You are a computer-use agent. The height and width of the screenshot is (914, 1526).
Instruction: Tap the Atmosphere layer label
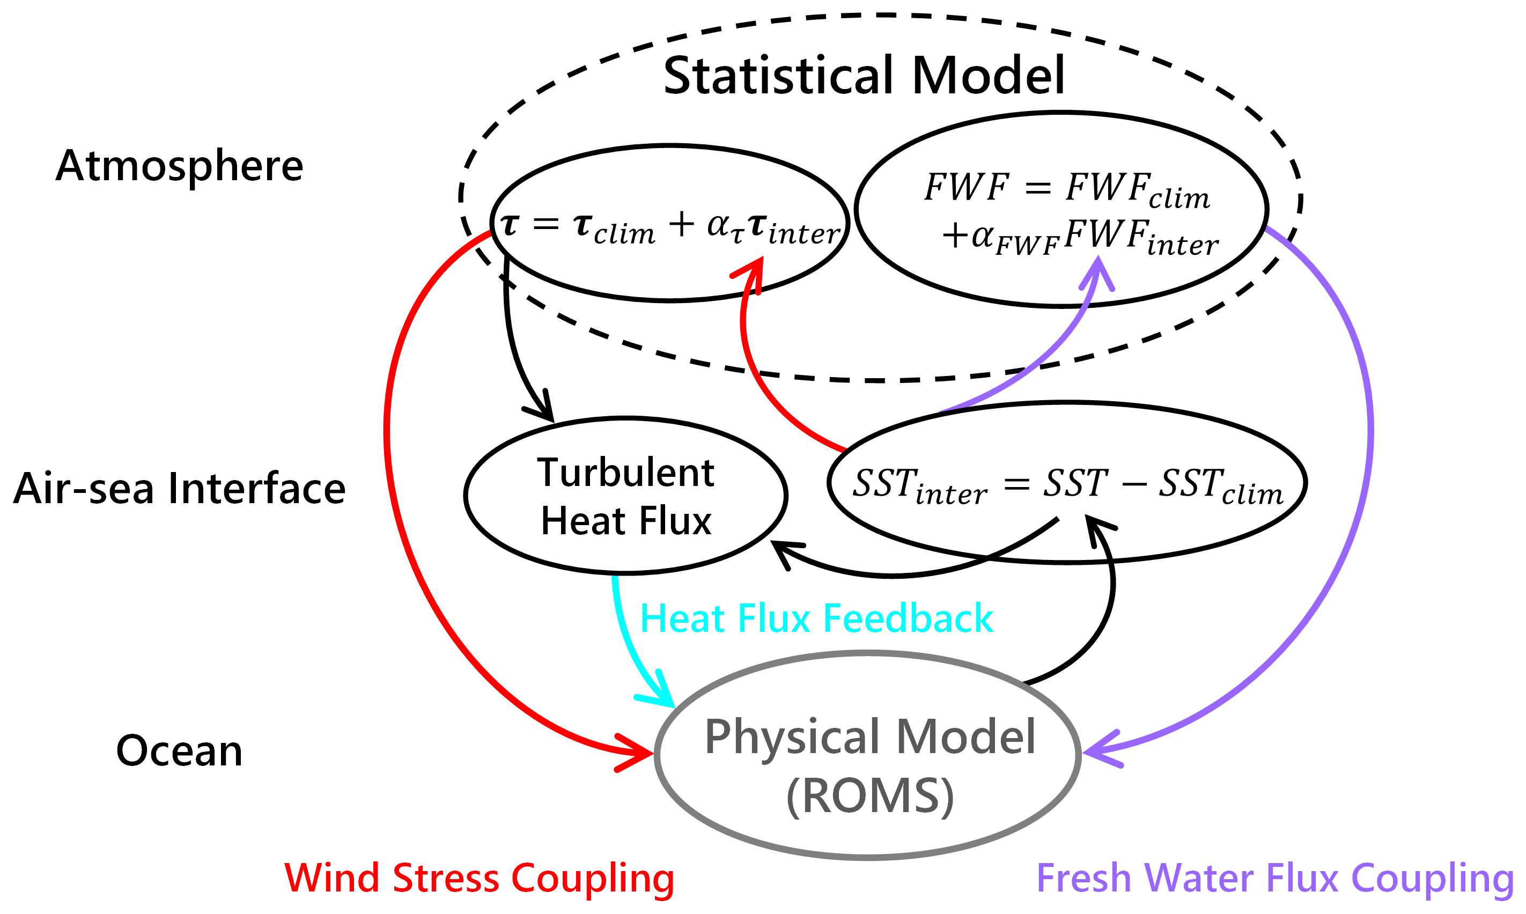[179, 166]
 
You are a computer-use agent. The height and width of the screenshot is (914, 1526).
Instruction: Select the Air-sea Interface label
[179, 489]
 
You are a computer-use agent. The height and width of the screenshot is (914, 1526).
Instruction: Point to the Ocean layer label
[179, 751]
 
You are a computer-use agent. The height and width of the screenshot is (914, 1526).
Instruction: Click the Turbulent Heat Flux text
[625, 496]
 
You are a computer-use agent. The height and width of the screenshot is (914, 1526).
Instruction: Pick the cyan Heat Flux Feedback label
[816, 618]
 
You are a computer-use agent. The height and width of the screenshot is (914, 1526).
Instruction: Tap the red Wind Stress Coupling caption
[479, 878]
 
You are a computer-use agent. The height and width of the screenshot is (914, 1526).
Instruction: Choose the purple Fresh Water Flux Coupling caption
[1275, 878]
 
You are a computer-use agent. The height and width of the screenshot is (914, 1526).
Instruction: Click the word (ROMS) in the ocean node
[870, 797]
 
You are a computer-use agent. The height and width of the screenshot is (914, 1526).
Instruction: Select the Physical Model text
[870, 736]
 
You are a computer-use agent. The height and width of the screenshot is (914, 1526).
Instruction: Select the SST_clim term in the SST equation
[1221, 485]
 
